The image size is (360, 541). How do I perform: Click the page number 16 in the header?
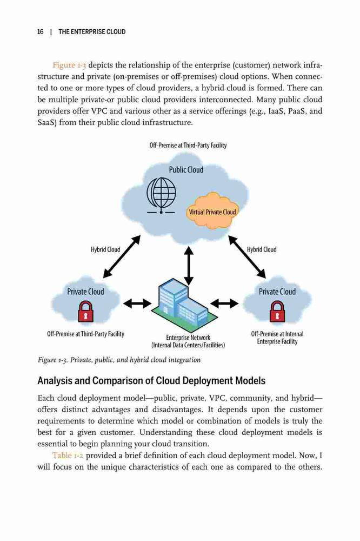click(41, 32)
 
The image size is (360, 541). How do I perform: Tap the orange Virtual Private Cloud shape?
click(212, 211)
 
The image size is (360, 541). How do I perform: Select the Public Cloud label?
click(186, 170)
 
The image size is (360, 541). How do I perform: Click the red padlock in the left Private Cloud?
click(86, 311)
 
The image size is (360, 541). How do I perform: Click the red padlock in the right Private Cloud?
click(277, 311)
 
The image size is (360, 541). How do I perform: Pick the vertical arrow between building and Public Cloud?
click(188, 266)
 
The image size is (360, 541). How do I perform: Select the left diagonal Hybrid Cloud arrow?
click(122, 256)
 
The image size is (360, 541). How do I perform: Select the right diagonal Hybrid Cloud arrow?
click(247, 256)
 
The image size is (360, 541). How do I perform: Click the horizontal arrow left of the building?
click(137, 304)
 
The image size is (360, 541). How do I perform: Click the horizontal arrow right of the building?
click(224, 304)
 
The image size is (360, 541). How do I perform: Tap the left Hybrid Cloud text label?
click(105, 249)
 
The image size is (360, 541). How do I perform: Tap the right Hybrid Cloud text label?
click(262, 249)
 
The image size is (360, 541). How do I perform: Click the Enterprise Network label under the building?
click(188, 338)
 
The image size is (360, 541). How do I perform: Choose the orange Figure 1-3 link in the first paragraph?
click(69, 65)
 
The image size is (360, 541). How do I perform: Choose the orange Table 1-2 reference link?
click(68, 456)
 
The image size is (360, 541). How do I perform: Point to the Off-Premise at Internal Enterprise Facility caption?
click(277, 338)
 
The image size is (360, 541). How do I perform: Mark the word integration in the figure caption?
click(184, 360)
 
